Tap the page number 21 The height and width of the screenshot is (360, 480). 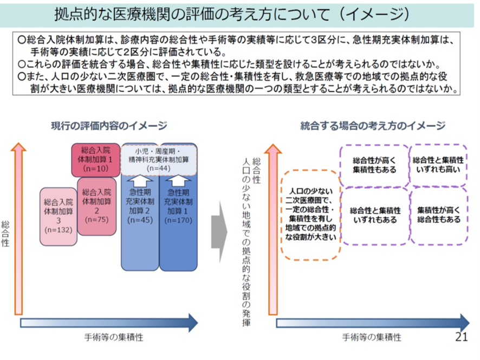coord(461,337)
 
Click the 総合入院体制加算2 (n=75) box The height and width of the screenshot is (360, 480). coord(97,206)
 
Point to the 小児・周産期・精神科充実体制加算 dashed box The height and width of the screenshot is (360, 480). coord(158,159)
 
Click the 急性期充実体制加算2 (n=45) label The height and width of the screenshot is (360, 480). coord(139,206)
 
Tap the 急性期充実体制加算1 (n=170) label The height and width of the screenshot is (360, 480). coord(178,206)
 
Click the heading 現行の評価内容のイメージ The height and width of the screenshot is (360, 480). coord(109,126)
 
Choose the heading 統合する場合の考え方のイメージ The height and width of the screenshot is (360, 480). coord(373,126)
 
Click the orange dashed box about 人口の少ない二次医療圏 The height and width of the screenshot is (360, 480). coord(310,214)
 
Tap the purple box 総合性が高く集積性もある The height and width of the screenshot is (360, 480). coord(374,165)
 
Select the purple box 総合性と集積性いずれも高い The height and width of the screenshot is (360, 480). coord(438,165)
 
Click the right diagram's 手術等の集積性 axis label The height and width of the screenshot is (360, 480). coord(372,337)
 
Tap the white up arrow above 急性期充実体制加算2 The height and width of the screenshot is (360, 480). coord(139,181)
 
